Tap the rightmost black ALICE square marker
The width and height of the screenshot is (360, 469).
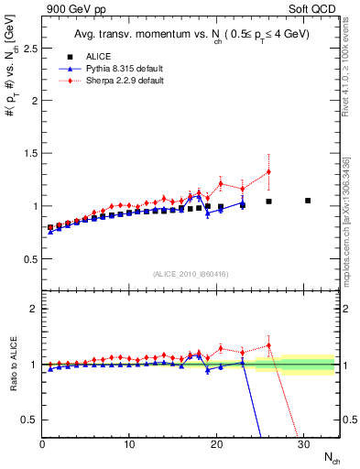(308, 200)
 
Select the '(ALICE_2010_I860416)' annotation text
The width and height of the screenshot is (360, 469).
(191, 273)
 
